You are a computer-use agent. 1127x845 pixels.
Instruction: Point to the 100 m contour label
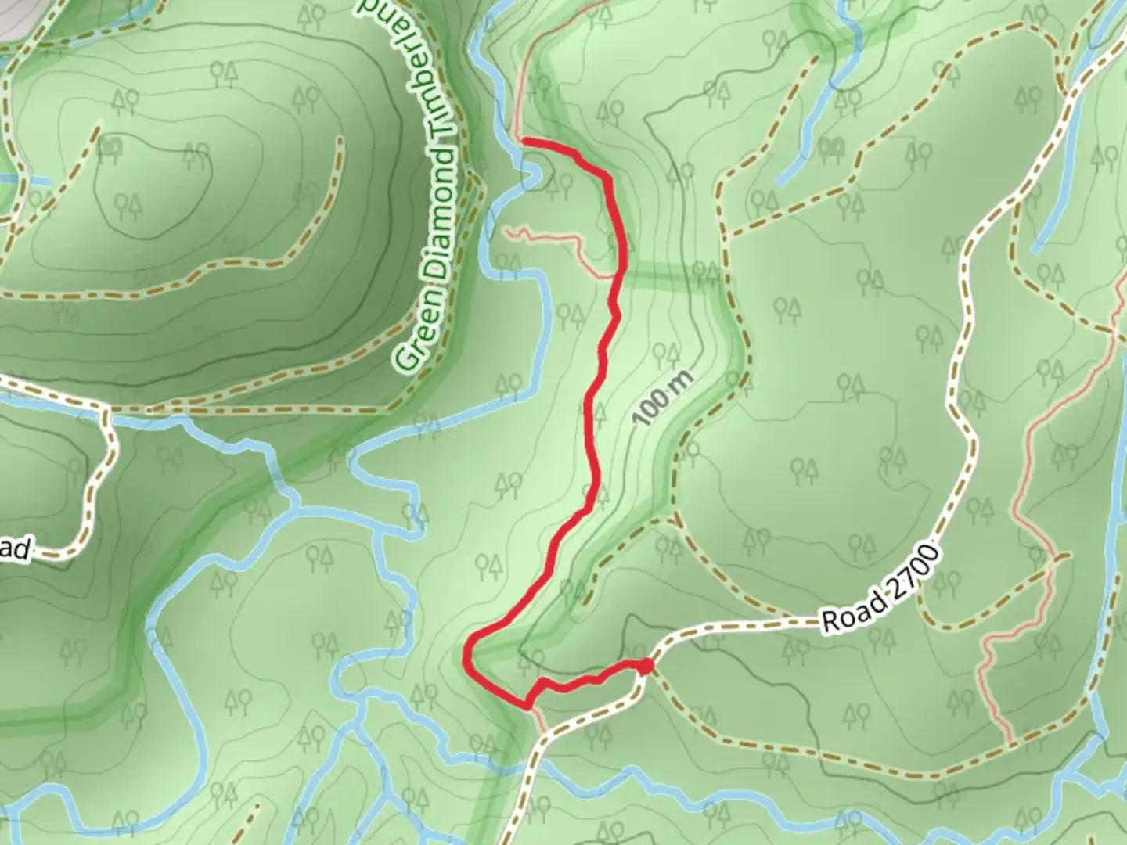point(663,397)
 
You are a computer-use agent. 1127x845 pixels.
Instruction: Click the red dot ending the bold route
point(645,667)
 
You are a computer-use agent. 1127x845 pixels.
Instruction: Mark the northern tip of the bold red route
point(523,141)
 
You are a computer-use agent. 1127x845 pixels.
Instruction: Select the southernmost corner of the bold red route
point(527,707)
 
